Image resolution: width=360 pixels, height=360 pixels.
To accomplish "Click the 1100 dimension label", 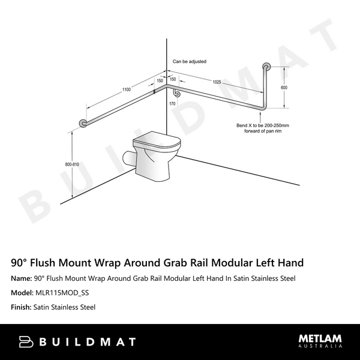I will point(126,89).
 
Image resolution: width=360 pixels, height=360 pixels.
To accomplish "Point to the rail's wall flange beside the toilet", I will point(83,124).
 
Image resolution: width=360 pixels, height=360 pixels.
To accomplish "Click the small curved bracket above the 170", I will point(176,93).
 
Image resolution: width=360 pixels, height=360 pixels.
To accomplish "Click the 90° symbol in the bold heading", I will point(19,262).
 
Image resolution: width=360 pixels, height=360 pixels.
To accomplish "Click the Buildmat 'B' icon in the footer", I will point(26,341).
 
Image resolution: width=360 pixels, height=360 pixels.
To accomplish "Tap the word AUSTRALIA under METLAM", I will point(320,347).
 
